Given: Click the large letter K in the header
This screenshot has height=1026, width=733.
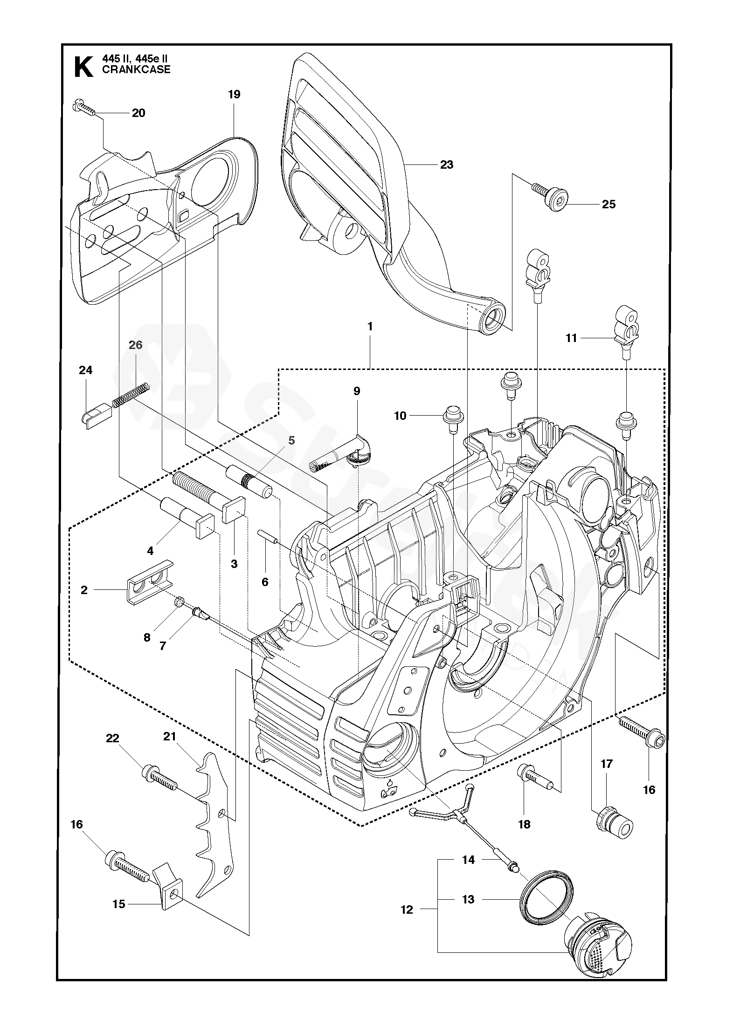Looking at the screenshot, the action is (83, 67).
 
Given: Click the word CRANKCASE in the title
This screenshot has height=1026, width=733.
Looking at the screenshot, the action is (136, 70).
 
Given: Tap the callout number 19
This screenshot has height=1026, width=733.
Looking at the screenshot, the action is (234, 95).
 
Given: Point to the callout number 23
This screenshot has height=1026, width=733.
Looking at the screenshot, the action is (447, 164).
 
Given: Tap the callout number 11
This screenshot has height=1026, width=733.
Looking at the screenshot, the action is (571, 338).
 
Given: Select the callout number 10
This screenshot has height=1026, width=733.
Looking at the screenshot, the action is (401, 416).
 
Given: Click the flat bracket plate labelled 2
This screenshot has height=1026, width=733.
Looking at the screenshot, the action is (149, 580).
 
